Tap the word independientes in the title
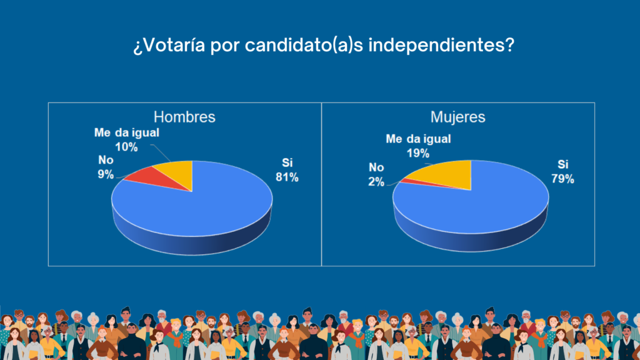click(x=441, y=44)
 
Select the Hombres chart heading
click(x=184, y=117)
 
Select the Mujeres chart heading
click(x=458, y=117)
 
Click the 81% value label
click(x=287, y=177)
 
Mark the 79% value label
click(x=563, y=179)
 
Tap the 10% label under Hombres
click(x=126, y=147)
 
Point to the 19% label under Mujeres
click(x=418, y=153)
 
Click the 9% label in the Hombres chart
click(x=106, y=174)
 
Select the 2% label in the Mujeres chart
click(x=376, y=182)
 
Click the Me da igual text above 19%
click(x=418, y=139)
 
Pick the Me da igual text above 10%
click(x=126, y=132)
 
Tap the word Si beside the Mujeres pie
click(x=563, y=164)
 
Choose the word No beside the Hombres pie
click(x=106, y=159)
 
